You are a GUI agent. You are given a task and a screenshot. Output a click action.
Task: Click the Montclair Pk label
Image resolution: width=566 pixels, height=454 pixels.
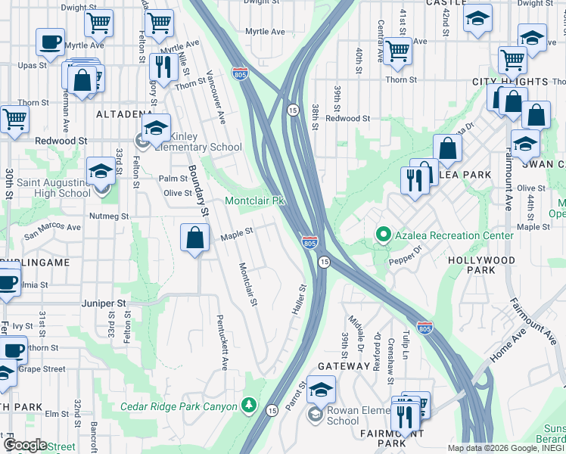pos(254,201)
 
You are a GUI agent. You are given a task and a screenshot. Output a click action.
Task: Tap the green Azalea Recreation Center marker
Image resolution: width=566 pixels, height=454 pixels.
pos(383,235)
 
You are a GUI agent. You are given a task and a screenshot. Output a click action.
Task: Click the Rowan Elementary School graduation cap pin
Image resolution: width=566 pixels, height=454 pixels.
pos(321,390)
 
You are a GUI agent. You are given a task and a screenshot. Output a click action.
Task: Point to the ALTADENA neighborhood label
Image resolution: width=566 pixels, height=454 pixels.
pos(125,114)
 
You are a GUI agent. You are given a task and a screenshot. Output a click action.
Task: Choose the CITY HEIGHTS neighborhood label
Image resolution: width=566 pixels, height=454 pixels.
pos(509,82)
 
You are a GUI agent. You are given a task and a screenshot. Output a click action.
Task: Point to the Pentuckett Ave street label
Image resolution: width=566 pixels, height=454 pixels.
pos(222,342)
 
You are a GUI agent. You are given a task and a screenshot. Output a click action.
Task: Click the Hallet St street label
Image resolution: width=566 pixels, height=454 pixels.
pos(298,300)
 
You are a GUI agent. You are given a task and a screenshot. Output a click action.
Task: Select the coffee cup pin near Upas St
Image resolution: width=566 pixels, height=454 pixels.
pos(50,42)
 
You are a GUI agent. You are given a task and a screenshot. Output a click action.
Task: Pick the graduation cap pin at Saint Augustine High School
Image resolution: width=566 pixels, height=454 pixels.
pos(100,171)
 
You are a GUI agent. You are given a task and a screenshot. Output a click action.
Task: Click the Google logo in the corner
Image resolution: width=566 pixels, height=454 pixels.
pos(25,445)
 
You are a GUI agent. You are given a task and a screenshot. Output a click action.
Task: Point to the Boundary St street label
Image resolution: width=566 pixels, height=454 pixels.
pos(197,190)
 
